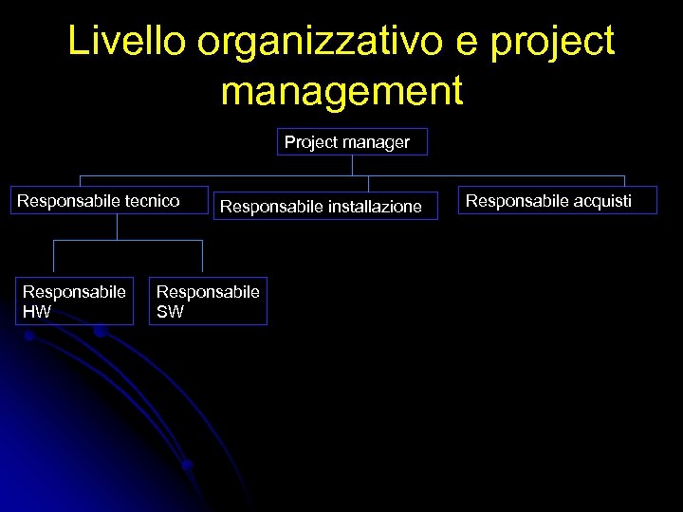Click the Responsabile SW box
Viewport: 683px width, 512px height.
tap(208, 301)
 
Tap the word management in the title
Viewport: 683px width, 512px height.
tap(341, 91)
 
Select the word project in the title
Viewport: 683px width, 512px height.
tap(554, 44)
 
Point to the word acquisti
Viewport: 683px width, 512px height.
tap(600, 201)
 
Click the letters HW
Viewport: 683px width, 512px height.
tap(37, 311)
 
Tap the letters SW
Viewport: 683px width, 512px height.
tap(170, 311)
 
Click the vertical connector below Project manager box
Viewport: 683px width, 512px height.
tap(352, 166)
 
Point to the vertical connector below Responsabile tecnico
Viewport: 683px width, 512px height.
tap(117, 227)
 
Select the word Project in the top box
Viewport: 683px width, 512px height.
tap(309, 142)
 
